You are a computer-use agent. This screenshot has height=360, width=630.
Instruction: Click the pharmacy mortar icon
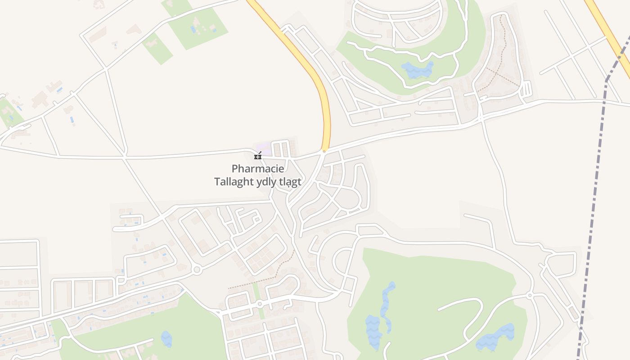point(258,156)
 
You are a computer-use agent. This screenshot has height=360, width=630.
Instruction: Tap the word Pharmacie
point(258,169)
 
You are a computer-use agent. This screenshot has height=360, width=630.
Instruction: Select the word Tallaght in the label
point(234,182)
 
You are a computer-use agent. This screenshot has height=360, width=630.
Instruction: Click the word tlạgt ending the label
point(290,182)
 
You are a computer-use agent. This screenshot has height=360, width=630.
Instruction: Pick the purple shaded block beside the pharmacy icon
point(264,148)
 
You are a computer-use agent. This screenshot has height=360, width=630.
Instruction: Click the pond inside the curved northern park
point(418,70)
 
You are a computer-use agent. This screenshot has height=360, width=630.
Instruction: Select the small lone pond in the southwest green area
point(166,338)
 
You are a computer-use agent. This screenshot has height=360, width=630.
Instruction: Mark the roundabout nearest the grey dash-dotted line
point(530,295)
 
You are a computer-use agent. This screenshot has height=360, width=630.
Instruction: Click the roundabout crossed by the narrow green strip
point(260,304)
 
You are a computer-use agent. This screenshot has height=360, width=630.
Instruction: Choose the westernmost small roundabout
point(196,270)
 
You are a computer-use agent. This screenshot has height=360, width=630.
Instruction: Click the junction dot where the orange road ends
point(324,151)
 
